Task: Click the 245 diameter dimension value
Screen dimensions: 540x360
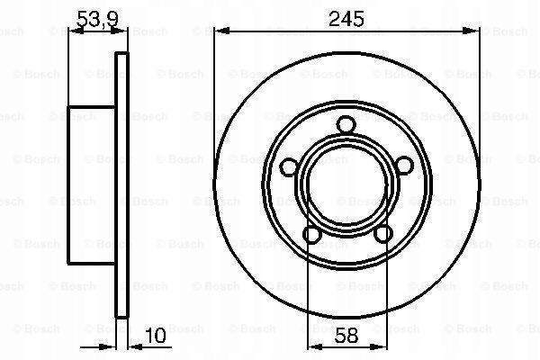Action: click(x=346, y=19)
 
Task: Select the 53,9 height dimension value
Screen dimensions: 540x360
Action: click(x=98, y=19)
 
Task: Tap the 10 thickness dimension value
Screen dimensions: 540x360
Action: click(x=156, y=336)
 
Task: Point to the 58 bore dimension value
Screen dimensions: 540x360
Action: click(x=346, y=336)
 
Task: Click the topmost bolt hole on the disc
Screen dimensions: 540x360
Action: click(x=346, y=125)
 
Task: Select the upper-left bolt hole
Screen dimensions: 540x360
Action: click(x=289, y=167)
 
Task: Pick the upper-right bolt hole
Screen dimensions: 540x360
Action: click(x=403, y=166)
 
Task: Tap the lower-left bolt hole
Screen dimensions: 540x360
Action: click(x=312, y=234)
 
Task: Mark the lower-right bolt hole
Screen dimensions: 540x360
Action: click(x=383, y=234)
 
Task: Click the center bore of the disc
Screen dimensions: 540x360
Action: click(x=346, y=186)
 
